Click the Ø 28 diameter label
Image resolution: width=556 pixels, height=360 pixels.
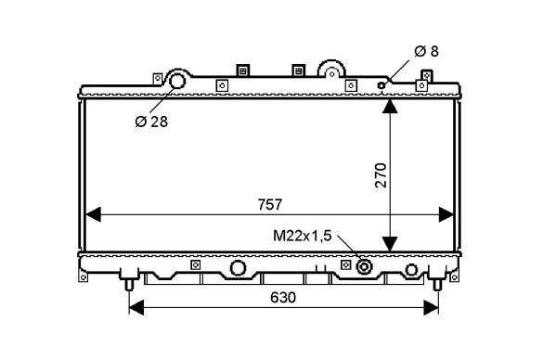151,122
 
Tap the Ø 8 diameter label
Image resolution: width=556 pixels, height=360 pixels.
426,51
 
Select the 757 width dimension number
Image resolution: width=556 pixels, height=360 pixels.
270,205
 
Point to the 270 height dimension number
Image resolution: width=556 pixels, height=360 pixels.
381,175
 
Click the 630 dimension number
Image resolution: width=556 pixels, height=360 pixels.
282,298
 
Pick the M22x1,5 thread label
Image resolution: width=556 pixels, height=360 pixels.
302,236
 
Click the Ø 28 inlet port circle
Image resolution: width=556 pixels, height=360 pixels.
177,81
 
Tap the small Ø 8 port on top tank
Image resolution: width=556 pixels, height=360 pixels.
381,85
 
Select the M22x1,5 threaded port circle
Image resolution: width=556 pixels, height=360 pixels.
364,266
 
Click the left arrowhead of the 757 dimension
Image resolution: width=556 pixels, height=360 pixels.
93,214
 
